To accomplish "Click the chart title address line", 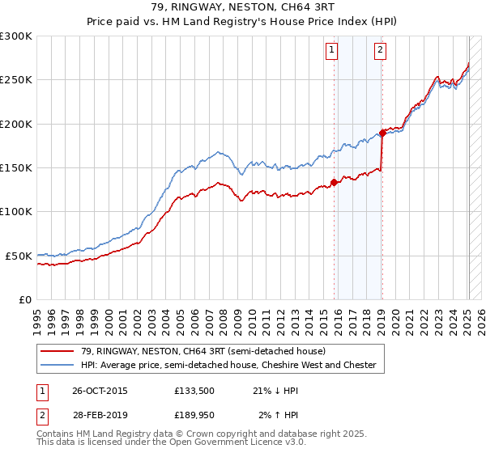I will click(x=243, y=7).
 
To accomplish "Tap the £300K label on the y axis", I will click(x=16, y=36).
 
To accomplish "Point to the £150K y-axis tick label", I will click(x=16, y=168).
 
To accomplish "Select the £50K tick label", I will click(x=19, y=256).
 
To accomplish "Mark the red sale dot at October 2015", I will click(x=335, y=182).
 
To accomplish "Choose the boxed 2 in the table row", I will click(x=42, y=415).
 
